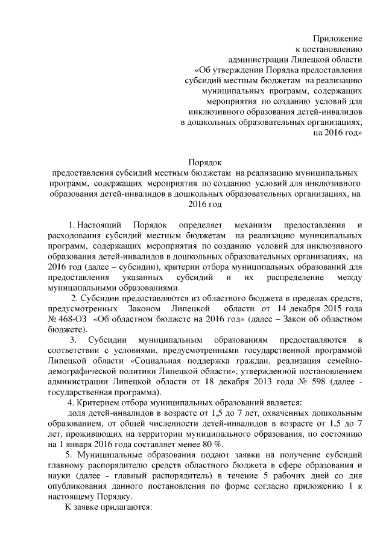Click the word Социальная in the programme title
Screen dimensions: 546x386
click(159, 361)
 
